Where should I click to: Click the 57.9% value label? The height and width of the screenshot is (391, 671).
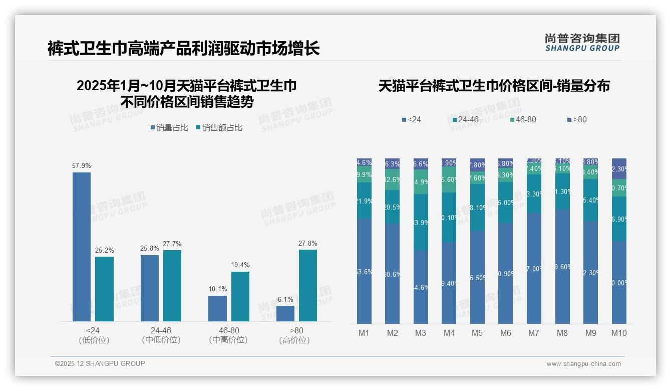tap(82, 166)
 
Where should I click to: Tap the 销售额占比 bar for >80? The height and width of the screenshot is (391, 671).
tap(307, 285)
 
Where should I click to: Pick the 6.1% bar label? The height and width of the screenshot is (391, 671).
tap(285, 299)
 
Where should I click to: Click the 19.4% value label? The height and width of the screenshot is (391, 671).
tap(240, 265)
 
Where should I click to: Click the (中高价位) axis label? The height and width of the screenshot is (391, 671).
tap(228, 340)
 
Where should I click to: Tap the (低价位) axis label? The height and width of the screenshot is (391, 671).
tap(93, 340)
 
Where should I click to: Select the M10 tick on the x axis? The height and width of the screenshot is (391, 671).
tap(619, 333)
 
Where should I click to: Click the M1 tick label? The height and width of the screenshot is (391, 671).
tap(364, 333)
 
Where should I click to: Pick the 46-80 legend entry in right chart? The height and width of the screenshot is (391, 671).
tap(523, 120)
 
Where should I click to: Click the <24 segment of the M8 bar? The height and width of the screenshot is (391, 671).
tap(562, 266)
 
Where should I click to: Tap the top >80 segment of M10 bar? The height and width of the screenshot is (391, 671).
tap(619, 168)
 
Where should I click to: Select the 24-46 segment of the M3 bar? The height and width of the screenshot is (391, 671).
tap(421, 222)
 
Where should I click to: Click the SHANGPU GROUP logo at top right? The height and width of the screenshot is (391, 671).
tap(582, 43)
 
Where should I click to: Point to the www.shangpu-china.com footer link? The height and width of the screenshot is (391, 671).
tap(583, 364)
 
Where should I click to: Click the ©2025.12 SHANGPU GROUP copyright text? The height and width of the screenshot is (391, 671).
tap(100, 363)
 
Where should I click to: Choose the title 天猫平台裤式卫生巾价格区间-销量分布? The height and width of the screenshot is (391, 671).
tap(494, 86)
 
